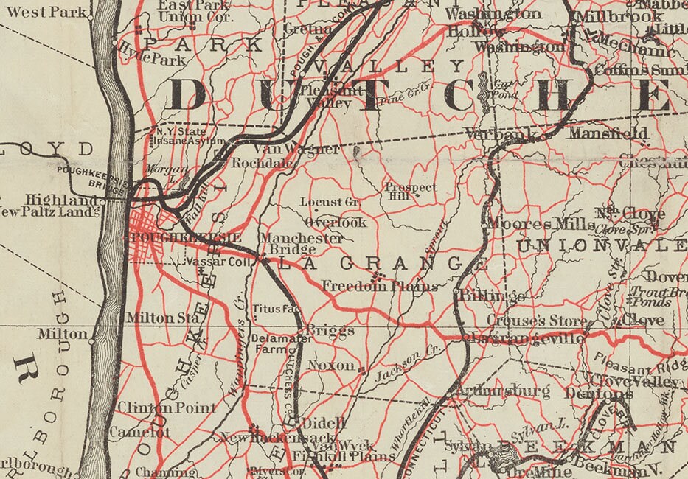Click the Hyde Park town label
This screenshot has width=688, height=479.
click(152, 57)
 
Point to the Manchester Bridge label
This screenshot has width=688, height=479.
click(301, 244)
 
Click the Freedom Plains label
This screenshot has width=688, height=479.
click(380, 286)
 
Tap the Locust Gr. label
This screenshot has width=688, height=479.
click(330, 202)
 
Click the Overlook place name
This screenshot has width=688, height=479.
click(335, 222)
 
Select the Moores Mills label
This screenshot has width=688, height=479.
click(540, 223)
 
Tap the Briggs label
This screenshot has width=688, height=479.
click(330, 331)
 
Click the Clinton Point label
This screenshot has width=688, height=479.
click(167, 408)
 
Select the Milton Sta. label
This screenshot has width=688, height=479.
click(163, 318)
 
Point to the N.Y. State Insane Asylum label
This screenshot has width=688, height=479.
click(180, 136)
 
